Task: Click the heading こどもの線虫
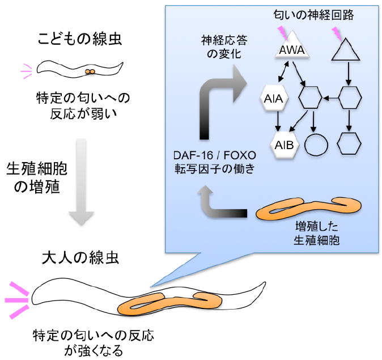pyautogui.click(x=81, y=40)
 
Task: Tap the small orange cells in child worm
pyautogui.click(x=89, y=72)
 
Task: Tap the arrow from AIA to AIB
pyautogui.click(x=277, y=121)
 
